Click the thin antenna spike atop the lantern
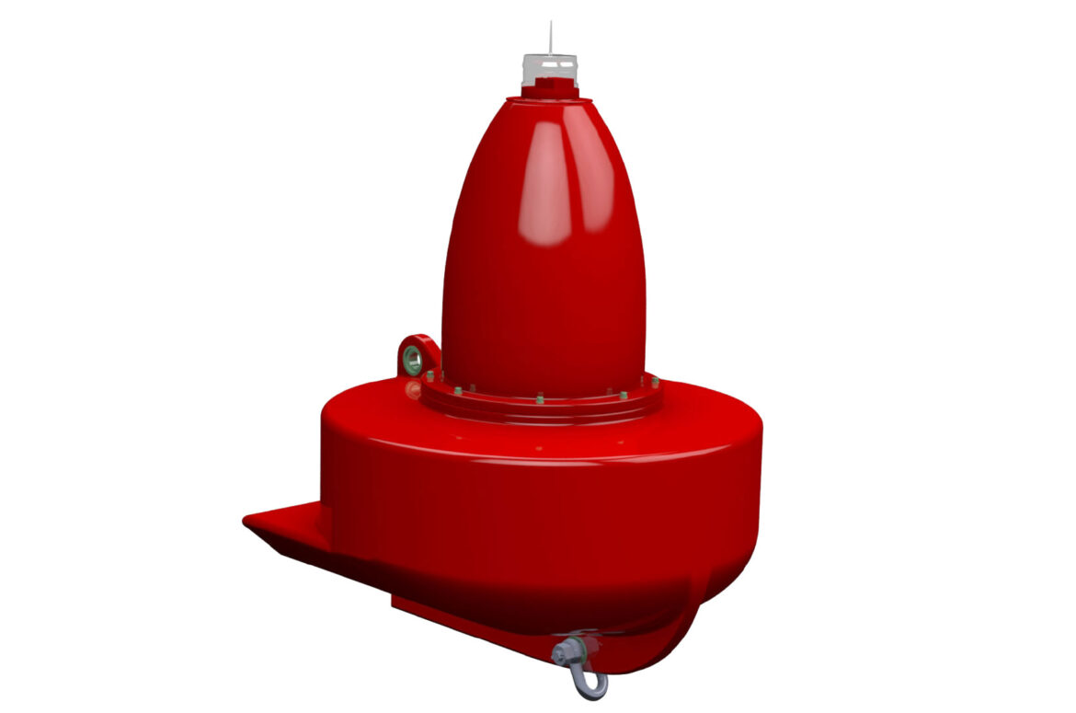[551, 37]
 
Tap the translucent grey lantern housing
[550, 70]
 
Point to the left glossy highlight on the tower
[548, 184]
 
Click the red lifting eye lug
[418, 354]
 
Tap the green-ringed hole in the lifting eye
[415, 360]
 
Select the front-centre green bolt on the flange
[539, 398]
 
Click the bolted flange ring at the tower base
[543, 406]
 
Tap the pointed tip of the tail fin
[248, 522]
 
